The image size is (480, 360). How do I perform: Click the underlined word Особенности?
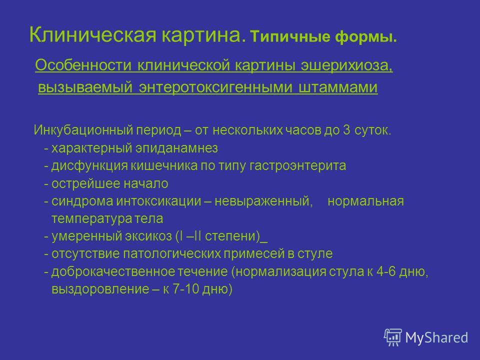pos(83,65)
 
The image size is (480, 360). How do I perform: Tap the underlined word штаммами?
pos(337,87)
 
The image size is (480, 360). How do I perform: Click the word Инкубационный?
pos(83,130)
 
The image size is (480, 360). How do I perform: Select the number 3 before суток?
pos(346,130)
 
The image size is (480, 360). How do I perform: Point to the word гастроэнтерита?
pos(297,166)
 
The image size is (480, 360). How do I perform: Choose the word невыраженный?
pos(263,201)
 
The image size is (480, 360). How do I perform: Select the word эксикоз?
pos(148,236)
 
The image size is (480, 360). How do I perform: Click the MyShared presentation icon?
pos(393,337)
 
